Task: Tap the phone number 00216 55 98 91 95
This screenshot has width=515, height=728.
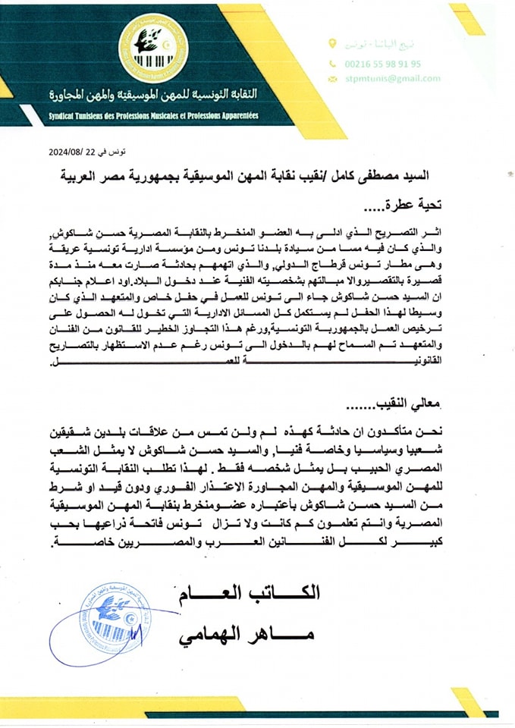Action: (x=384, y=64)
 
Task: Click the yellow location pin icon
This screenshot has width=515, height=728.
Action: (x=331, y=45)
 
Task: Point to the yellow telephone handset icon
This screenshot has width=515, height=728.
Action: (x=332, y=64)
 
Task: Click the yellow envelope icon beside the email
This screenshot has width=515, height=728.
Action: (x=332, y=78)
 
